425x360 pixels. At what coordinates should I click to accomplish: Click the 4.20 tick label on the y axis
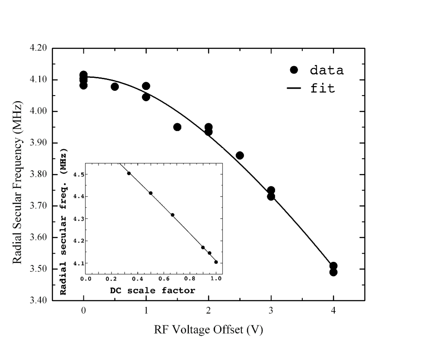point(38,48)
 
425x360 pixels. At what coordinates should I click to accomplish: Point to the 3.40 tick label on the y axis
point(38,300)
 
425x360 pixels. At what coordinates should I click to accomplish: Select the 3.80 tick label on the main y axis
point(38,174)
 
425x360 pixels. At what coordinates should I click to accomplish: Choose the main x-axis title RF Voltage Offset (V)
point(208,330)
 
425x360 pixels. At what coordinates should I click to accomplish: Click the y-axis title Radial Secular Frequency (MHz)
point(17,174)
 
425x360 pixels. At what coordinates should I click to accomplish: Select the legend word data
point(327,70)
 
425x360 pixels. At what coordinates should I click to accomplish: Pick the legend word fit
point(322,89)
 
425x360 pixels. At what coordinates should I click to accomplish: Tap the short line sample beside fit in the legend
point(295,89)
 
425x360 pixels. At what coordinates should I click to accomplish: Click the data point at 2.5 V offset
point(240,156)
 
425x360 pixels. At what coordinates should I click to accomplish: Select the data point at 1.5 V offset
point(177,127)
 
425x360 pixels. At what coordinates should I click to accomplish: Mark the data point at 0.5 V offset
point(114,87)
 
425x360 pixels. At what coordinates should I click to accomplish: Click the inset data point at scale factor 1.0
point(216,262)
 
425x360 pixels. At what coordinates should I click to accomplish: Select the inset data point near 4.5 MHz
point(129,173)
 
